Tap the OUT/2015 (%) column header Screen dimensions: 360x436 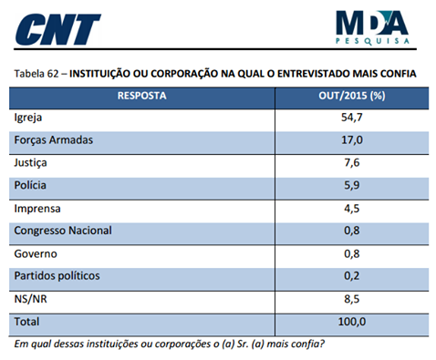tap(351, 95)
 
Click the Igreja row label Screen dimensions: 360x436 tap(30, 118)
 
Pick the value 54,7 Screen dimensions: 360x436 tap(351, 118)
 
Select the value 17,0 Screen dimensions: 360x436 tap(351, 140)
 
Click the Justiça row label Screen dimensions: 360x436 tap(32, 163)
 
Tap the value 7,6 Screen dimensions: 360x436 tap(351, 163)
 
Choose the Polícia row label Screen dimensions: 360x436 tap(31, 185)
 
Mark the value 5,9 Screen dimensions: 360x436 tap(351, 185)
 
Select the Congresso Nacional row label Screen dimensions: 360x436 tap(63, 230)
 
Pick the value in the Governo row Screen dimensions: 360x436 tap(351, 252)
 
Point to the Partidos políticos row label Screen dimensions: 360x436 tap(57, 275)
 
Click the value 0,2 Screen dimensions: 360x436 tap(351, 275)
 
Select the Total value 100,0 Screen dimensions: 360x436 tap(351, 321)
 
